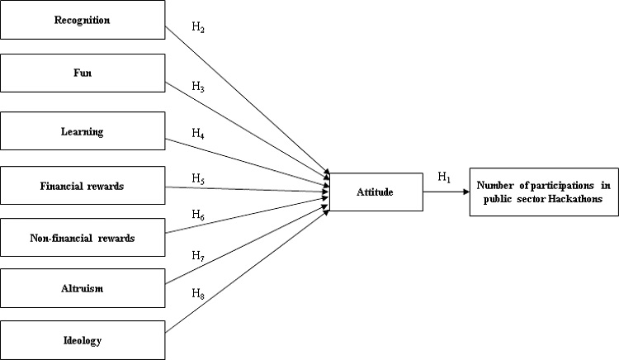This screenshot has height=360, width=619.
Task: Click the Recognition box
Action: pyautogui.click(x=83, y=20)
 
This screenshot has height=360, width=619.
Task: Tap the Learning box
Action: pyautogui.click(x=83, y=130)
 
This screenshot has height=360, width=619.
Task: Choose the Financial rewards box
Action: pyautogui.click(x=83, y=186)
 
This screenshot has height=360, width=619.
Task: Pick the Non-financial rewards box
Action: pyautogui.click(x=83, y=239)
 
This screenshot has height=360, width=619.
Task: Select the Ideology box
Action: pyautogui.click(x=83, y=340)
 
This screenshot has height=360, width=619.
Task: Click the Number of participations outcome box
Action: pyautogui.click(x=542, y=192)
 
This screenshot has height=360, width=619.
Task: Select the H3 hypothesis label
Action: pyautogui.click(x=198, y=86)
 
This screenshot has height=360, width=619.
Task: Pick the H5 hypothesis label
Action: pyautogui.click(x=198, y=178)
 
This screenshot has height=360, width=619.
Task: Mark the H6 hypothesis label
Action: pyautogui.click(x=198, y=214)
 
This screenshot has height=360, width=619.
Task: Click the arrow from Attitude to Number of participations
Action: pyautogui.click(x=446, y=192)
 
